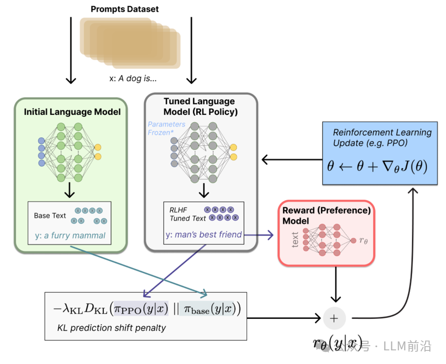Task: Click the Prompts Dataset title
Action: click(x=125, y=9)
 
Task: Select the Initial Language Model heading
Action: click(x=72, y=112)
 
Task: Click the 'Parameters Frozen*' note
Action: click(x=166, y=129)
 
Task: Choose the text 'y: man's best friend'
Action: click(x=204, y=234)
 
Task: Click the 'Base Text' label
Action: click(x=50, y=216)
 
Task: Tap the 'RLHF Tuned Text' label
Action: click(x=187, y=214)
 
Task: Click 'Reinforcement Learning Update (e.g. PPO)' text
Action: click(x=383, y=137)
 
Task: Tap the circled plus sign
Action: click(x=334, y=317)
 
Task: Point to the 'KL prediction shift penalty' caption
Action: click(x=111, y=328)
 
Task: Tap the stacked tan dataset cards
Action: click(x=130, y=42)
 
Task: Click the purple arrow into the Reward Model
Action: click(x=260, y=235)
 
